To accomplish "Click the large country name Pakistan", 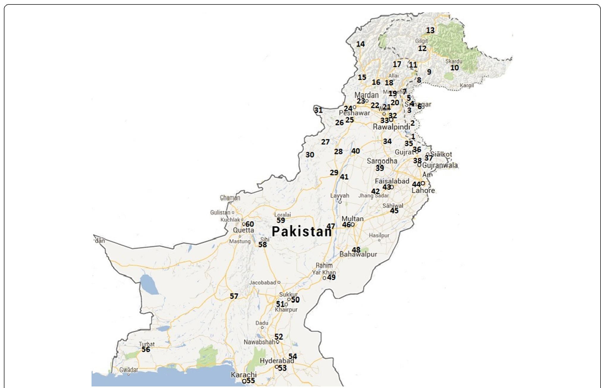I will click(301, 232).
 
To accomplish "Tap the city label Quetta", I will click(243, 230).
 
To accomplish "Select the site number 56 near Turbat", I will click(146, 349).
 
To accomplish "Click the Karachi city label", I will click(243, 375).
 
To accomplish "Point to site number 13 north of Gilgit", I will click(430, 30).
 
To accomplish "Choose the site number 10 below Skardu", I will click(454, 68).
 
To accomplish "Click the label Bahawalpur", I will click(358, 254).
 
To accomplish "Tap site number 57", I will click(234, 296).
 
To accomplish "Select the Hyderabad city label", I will click(277, 361).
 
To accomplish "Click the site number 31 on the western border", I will click(318, 110).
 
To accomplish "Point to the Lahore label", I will click(423, 190).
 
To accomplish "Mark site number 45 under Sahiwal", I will click(394, 211).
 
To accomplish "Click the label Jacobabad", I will click(262, 283).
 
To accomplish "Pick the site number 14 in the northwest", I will click(360, 44).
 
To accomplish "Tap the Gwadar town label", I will click(128, 370).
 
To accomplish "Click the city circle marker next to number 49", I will click(324, 278).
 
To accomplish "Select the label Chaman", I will click(230, 198).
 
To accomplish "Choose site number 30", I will click(310, 155).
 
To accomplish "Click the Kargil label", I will click(466, 86).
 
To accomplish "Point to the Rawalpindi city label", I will click(391, 127).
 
